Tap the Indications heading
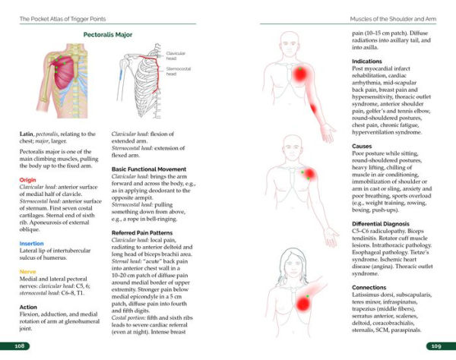369,61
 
